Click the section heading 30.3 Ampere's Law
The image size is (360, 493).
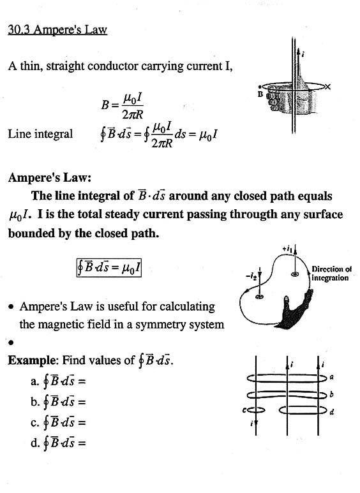point(57,30)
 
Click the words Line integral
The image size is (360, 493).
point(40,134)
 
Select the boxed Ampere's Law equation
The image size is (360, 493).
point(109,268)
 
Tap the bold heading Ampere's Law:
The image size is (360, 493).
point(50,178)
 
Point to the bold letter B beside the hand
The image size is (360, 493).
point(260,94)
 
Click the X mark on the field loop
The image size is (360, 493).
point(327,87)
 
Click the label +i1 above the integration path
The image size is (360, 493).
point(287,249)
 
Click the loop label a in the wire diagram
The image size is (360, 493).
point(331,377)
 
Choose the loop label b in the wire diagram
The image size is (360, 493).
point(331,394)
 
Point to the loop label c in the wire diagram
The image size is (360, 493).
point(244,410)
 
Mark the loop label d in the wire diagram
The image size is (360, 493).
point(332,411)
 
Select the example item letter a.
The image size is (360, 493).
point(34,381)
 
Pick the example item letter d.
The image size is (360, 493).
point(34,443)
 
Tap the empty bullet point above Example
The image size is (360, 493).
point(11,342)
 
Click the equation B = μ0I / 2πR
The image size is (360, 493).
point(122,106)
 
